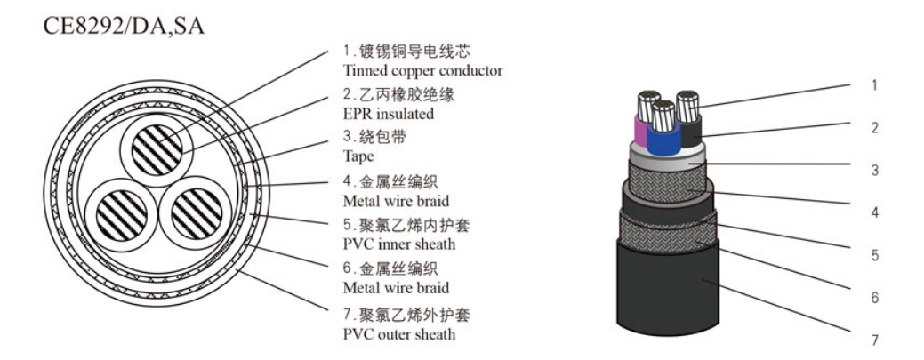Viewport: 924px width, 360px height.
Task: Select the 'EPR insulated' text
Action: [x=389, y=114]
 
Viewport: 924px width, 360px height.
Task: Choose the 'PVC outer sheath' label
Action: [x=398, y=334]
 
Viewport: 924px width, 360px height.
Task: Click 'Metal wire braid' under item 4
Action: [x=396, y=201]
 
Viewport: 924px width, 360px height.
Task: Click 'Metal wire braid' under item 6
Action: [x=396, y=288]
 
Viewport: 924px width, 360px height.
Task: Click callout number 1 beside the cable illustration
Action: [x=874, y=86]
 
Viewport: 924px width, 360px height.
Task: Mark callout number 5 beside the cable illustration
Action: [x=874, y=255]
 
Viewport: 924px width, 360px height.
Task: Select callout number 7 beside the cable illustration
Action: [x=874, y=340]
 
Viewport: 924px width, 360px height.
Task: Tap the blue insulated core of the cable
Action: [x=663, y=142]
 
